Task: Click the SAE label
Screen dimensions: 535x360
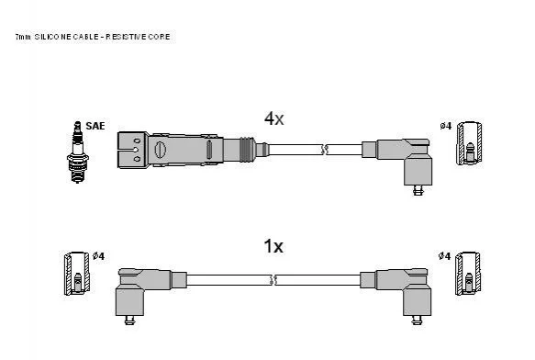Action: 95,126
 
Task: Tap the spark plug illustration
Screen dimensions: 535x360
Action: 78,152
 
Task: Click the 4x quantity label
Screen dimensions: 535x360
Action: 274,118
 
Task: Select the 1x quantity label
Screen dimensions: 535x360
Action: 273,246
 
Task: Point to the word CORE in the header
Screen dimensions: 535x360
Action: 159,37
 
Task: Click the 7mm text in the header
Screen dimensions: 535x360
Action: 23,37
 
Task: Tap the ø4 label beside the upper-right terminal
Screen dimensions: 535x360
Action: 446,126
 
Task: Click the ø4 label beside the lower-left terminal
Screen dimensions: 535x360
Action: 98,256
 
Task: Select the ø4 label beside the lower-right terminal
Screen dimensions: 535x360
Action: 444,256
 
